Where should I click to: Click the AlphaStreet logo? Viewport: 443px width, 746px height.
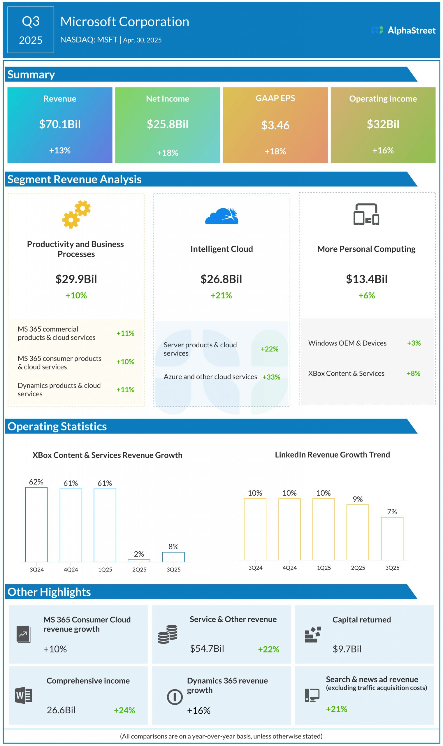click(403, 30)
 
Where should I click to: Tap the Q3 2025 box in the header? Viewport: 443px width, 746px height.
click(31, 30)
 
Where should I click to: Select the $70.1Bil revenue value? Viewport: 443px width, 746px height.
click(60, 124)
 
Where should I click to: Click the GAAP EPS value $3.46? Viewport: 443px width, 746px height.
click(275, 125)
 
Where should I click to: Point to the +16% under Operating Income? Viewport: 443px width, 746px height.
click(383, 150)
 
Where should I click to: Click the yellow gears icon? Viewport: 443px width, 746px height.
click(76, 214)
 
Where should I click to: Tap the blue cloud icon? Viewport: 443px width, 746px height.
click(221, 216)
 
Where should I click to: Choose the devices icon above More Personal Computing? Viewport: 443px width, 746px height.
click(366, 214)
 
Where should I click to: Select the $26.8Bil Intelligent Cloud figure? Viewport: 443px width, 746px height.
click(221, 279)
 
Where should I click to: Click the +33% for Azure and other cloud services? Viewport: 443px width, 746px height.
click(271, 377)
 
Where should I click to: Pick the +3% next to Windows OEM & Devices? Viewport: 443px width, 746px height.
click(414, 343)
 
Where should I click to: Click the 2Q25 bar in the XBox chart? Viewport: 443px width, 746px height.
click(139, 561)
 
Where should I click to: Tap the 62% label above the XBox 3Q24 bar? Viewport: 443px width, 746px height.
click(36, 482)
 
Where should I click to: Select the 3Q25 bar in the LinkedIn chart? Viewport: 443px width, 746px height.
click(392, 538)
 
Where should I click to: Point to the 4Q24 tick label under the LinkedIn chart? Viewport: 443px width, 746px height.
click(290, 568)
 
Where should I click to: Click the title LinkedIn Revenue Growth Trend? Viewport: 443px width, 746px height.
click(332, 455)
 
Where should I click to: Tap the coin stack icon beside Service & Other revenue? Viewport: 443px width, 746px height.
click(168, 634)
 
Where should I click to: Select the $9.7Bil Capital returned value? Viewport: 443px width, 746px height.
click(347, 649)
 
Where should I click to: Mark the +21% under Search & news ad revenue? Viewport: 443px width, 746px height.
click(336, 709)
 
